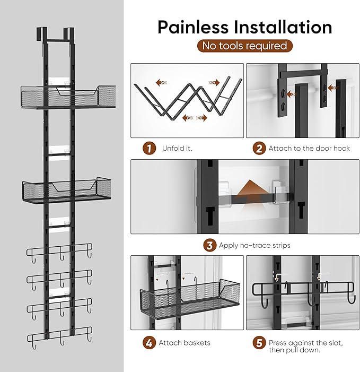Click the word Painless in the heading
click(x=192, y=28)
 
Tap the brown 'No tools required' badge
click(x=245, y=46)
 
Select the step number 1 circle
click(x=150, y=149)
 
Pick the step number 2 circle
click(x=259, y=149)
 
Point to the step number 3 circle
click(x=210, y=245)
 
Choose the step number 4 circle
click(x=150, y=343)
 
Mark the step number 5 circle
click(x=259, y=343)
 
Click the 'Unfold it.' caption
click(x=177, y=148)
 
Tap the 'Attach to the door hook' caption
click(x=309, y=148)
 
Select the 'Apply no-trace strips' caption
click(x=254, y=245)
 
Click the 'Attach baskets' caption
click(x=185, y=343)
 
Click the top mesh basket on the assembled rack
click(x=68, y=97)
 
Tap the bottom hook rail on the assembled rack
click(x=59, y=337)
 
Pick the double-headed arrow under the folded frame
click(x=195, y=118)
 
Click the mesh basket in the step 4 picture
click(x=190, y=299)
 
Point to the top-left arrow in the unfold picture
click(x=162, y=83)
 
